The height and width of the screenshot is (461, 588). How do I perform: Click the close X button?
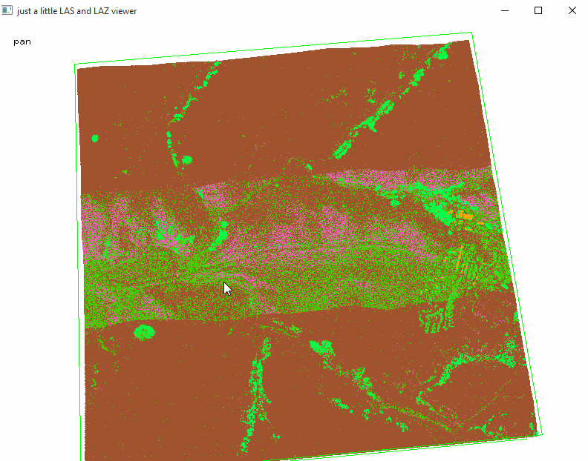tap(572, 10)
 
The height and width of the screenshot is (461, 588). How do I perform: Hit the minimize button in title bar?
tap(505, 10)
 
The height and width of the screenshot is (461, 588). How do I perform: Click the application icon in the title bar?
tap(7, 11)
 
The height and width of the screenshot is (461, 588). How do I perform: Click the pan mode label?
tap(22, 42)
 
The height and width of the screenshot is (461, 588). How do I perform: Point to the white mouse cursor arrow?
tap(227, 288)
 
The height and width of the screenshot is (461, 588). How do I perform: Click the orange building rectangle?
tap(465, 216)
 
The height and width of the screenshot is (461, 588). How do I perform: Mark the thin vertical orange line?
tap(460, 256)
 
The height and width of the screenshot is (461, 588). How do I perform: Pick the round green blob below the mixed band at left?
tap(143, 332)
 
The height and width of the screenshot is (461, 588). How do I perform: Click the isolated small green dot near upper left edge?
tap(94, 138)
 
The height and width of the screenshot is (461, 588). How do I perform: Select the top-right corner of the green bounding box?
tap(471, 33)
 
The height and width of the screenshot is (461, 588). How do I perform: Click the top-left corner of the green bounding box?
tap(75, 64)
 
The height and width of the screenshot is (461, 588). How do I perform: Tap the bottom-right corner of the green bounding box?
tap(543, 434)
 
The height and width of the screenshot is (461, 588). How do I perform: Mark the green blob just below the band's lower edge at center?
tap(321, 346)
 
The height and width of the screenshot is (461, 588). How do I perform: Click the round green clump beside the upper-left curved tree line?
tap(186, 159)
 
